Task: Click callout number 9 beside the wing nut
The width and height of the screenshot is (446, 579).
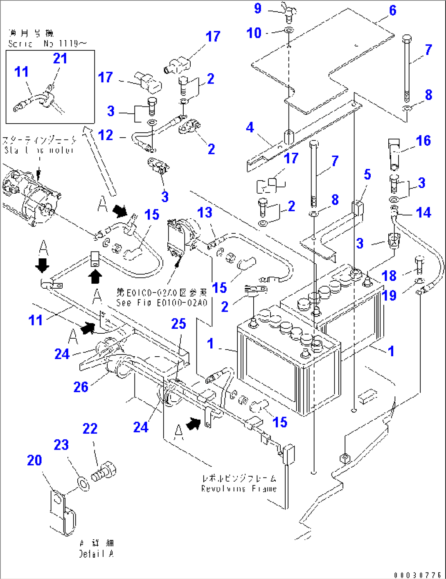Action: pos(258,9)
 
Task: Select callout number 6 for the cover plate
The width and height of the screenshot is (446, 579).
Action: pos(393,11)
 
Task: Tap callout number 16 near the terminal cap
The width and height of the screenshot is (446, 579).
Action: pos(423,141)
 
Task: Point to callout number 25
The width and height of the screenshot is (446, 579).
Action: pos(179,324)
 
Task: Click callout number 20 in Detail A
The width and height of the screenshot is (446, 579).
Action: pos(35,460)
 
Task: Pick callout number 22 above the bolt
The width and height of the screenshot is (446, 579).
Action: pos(90,429)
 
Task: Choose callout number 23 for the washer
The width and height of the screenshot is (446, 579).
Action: pos(61,445)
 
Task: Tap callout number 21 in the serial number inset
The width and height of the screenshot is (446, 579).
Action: pos(60,59)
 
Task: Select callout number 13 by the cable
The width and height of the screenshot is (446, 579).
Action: pos(205,213)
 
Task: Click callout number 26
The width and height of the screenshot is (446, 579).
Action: pos(81,387)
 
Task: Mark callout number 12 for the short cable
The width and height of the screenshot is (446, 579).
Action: pos(106,135)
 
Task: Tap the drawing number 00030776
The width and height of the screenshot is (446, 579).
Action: pos(417,575)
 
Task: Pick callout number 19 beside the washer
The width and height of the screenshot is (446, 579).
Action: pos(389,295)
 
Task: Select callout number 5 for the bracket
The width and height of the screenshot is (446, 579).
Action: pos(367,174)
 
